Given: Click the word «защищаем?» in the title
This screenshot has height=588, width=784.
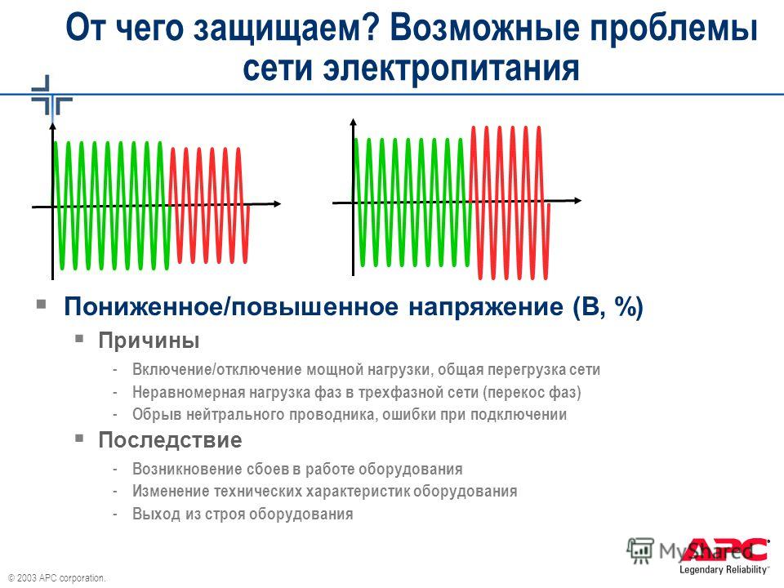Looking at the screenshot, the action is [286, 29].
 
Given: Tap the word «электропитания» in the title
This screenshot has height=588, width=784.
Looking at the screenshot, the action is [452, 68].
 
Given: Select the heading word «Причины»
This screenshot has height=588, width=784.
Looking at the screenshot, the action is [149, 341].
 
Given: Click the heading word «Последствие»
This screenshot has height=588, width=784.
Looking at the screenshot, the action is [170, 440].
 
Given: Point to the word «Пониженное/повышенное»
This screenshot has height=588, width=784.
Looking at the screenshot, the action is [231, 306].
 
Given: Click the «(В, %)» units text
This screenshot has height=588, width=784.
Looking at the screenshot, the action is [608, 306].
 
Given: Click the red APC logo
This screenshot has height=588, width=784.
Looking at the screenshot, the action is [728, 550].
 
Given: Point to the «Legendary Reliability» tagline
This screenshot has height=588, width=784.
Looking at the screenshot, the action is [724, 569].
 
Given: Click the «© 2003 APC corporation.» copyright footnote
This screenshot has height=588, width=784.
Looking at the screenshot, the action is [56, 578].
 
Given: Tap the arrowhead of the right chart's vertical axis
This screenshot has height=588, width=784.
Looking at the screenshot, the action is [354, 122].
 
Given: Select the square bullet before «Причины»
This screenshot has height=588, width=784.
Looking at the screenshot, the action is [79, 338].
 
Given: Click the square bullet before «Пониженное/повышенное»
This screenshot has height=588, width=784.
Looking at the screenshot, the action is [42, 304].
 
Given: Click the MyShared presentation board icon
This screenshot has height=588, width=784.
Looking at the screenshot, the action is [640, 551].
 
